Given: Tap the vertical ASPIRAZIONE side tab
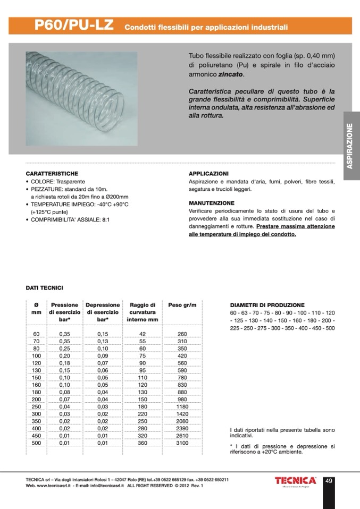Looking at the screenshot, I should tap(350, 146).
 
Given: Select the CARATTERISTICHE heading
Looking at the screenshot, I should tap(52, 174).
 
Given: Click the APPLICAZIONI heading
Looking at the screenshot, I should tap(208, 174).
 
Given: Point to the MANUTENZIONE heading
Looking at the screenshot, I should tap(211, 203).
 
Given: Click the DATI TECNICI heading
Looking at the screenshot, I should tap(45, 287).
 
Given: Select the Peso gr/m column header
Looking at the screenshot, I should tap(182, 305).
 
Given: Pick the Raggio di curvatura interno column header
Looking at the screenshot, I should tap(142, 312).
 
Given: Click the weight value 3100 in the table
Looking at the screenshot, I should tap(182, 443).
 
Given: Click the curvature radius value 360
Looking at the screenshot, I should tap(142, 443).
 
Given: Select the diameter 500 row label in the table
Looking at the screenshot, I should tap(36, 443).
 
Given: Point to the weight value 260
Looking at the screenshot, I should tap(182, 334).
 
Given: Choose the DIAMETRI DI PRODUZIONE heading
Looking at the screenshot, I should tap(267, 306).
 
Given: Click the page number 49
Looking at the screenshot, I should tap(329, 481).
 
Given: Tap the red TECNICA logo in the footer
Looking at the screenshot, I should tap(296, 481).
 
